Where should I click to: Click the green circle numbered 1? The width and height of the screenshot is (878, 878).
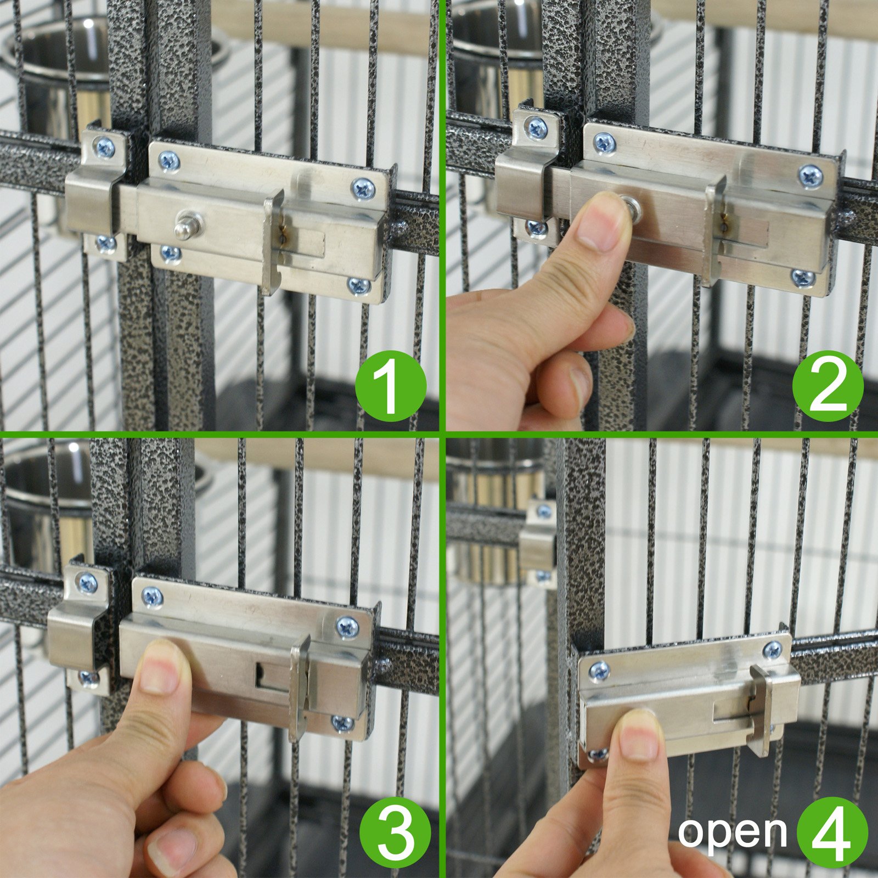390,386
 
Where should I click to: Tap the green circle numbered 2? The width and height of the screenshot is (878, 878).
828,386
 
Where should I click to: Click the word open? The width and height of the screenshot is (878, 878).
733,832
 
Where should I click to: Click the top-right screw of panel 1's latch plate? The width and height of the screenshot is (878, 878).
363,189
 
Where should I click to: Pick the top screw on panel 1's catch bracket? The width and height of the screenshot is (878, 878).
104,147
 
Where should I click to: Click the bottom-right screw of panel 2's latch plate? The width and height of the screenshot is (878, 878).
802,277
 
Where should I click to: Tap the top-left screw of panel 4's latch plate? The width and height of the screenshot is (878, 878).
599,671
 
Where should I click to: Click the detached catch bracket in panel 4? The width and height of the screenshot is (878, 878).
537,543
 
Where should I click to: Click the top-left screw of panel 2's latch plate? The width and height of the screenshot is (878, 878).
604,144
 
